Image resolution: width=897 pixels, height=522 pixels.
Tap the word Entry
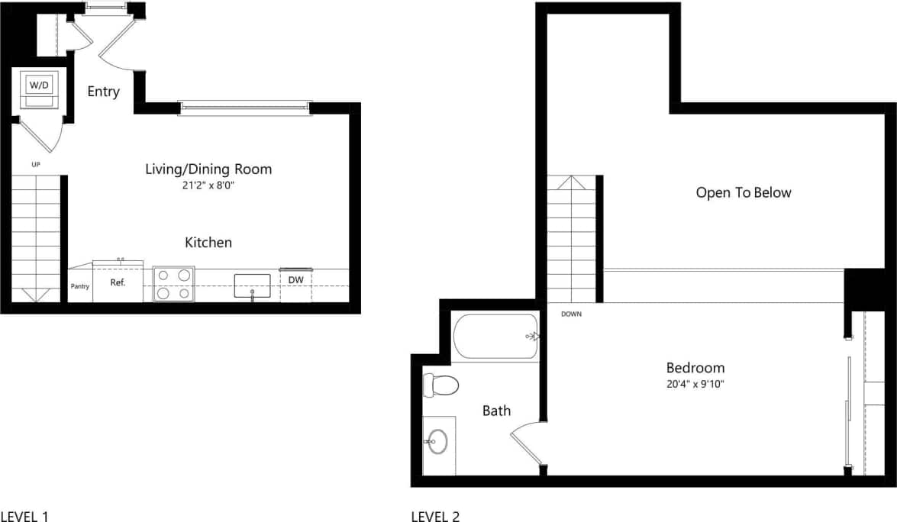tap(103, 92)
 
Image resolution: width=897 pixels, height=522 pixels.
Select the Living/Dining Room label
tap(208, 169)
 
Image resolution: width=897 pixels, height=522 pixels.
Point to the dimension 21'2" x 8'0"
tap(208, 185)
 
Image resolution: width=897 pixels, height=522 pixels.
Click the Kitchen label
tap(208, 243)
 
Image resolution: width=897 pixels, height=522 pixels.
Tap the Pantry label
tap(80, 287)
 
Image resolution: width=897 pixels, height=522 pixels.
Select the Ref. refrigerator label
tap(118, 282)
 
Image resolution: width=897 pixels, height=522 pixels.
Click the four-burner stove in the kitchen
tap(173, 284)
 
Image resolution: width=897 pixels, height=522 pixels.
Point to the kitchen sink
tap(252, 285)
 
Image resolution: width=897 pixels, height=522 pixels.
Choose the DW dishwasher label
tap(295, 280)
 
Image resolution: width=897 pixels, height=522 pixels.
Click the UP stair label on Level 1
tap(36, 164)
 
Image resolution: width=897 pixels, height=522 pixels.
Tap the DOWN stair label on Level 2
tap(570, 314)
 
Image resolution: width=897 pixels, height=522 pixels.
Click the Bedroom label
tap(695, 368)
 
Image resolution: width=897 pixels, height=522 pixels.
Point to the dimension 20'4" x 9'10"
tap(695, 384)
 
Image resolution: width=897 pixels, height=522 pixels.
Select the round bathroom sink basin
tap(437, 440)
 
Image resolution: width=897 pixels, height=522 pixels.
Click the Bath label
tap(496, 411)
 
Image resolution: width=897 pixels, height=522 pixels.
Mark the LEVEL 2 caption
tap(435, 517)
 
